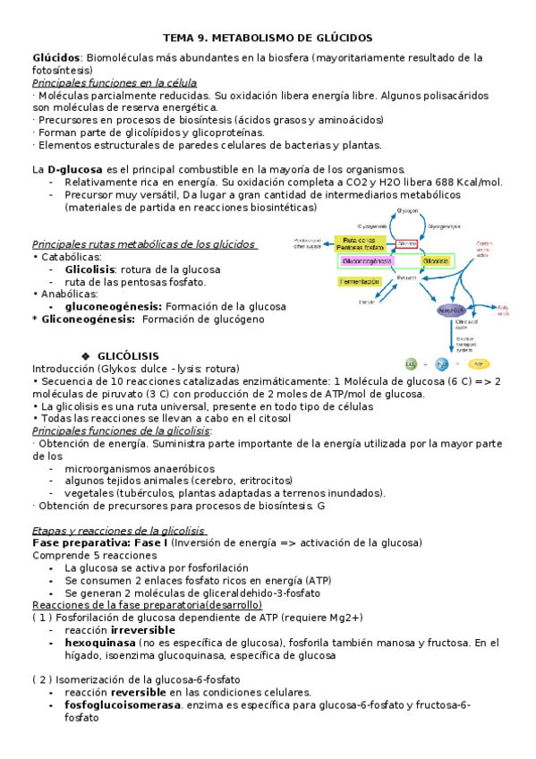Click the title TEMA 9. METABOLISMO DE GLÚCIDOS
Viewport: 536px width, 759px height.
click(267, 38)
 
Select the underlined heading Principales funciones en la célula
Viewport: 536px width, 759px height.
click(115, 82)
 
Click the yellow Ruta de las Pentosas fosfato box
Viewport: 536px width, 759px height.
click(361, 243)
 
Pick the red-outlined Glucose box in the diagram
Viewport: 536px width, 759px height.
click(406, 243)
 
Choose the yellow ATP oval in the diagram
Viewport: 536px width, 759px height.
click(480, 364)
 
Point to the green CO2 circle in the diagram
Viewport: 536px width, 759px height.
click(411, 364)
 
